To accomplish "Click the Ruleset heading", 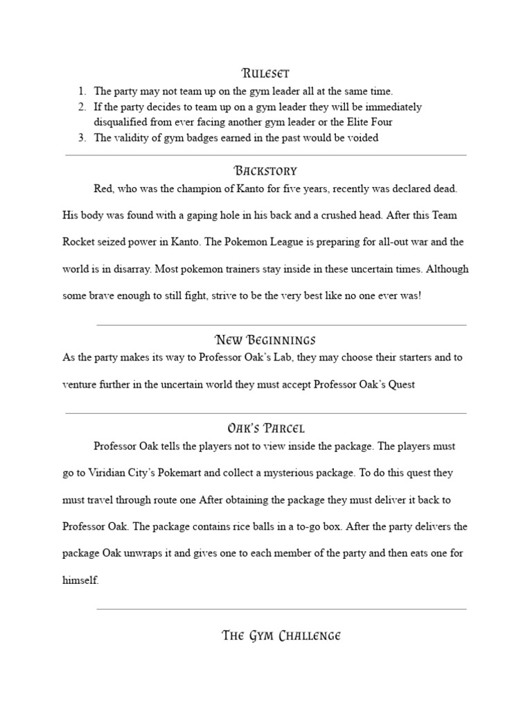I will click(x=265, y=73).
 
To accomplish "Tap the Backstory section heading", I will click(x=265, y=171).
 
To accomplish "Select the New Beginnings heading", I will click(x=265, y=340).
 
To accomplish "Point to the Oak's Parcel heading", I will click(x=265, y=428).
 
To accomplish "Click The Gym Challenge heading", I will click(x=281, y=636).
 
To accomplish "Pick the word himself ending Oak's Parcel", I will click(x=80, y=580).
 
